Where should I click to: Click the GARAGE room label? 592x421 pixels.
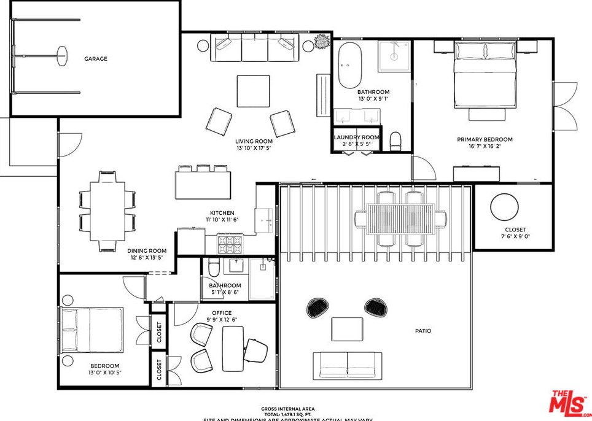pos(96,59)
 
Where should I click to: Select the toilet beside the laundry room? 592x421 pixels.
pos(395,141)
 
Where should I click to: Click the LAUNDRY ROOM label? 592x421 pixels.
pos(357,137)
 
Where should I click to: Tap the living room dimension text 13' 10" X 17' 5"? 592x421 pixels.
pos(254,149)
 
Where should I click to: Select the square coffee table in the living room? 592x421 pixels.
pos(253,91)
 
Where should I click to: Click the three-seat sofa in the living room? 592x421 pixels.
pos(254,48)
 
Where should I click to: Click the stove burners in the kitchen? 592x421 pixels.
pos(230,244)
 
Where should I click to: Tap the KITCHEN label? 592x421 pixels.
pos(222,213)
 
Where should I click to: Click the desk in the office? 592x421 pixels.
pos(233,349)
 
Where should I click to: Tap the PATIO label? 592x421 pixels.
pos(423,331)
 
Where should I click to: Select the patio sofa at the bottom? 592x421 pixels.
pos(348,365)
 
